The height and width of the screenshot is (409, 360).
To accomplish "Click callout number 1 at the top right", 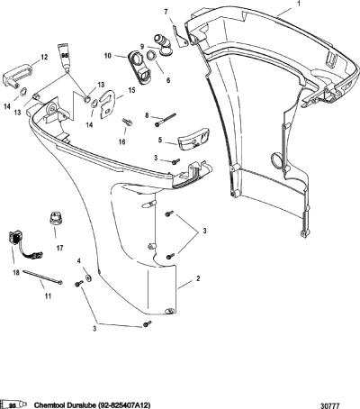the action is click(299, 4).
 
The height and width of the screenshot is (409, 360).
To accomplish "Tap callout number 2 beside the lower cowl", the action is click(198, 278).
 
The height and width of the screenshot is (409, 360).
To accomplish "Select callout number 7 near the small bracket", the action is click(166, 12).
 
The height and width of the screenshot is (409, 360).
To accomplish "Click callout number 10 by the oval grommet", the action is click(108, 56).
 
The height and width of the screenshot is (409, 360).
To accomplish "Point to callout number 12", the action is click(44, 57).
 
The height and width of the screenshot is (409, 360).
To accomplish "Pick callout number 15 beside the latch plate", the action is click(131, 90).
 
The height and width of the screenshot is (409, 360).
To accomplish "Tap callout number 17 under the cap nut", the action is click(59, 248).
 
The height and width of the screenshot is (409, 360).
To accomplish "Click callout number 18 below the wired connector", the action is click(16, 273).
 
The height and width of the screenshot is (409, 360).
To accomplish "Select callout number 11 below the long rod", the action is click(48, 296).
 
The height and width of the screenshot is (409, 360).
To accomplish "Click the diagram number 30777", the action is click(330, 406).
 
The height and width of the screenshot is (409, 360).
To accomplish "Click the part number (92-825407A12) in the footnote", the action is click(123, 405).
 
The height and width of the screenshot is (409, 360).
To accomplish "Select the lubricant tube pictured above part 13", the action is click(64, 57).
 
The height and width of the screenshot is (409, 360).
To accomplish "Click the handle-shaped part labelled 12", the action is click(15, 77).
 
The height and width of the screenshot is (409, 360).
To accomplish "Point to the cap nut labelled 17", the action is click(55, 221).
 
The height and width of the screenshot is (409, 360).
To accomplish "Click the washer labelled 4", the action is click(88, 277).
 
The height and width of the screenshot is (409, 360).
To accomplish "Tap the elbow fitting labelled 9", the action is click(163, 46).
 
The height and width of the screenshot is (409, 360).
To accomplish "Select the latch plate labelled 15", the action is click(107, 105).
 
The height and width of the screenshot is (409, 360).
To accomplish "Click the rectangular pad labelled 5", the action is click(193, 141).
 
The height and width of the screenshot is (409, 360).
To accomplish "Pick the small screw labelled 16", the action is click(127, 123).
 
